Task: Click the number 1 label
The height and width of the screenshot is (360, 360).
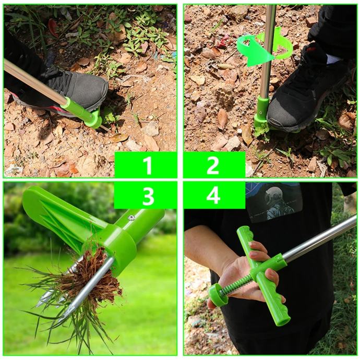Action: [148, 166]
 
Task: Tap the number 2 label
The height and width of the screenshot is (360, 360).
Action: [213, 166]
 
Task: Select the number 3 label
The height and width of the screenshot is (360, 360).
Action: [148, 196]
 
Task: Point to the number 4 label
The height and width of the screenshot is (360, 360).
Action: [213, 196]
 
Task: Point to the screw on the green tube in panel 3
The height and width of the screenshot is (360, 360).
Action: [131, 218]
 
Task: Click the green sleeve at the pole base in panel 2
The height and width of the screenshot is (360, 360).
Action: [262, 110]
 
